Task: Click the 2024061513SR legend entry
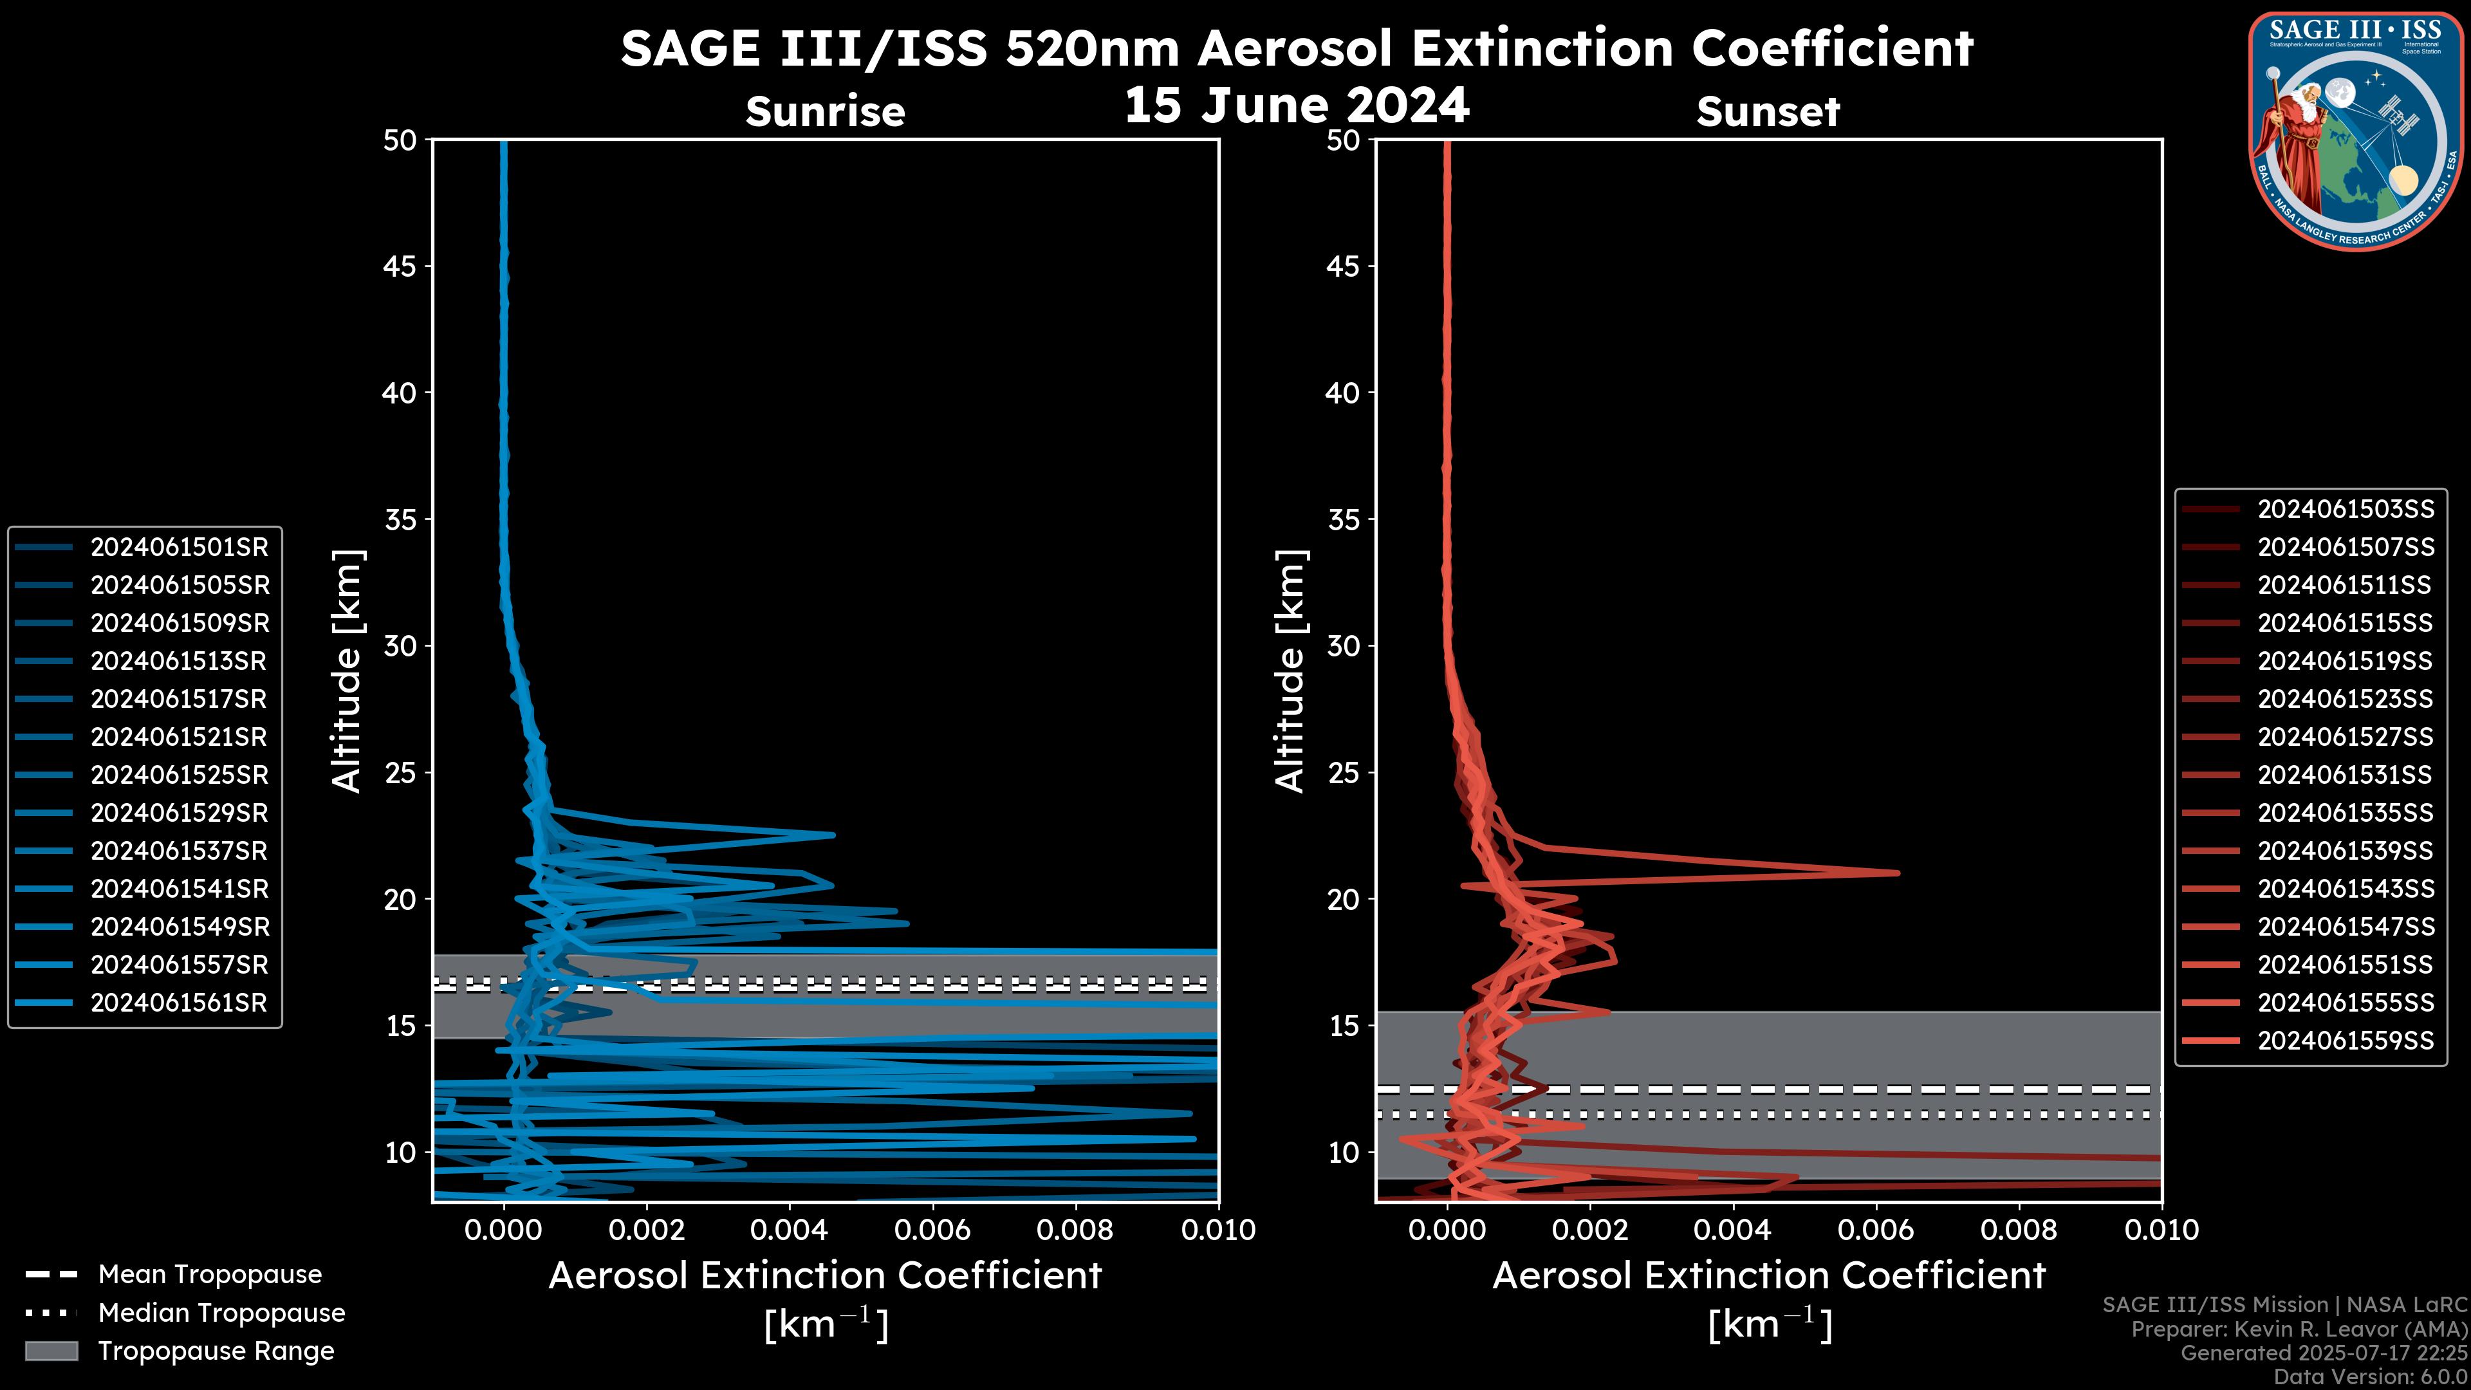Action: click(178, 661)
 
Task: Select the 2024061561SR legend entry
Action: click(178, 1003)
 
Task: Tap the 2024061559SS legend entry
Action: click(2346, 1041)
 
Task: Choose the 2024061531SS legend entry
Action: click(2346, 775)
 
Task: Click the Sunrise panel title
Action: click(825, 112)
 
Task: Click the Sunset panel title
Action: click(1768, 112)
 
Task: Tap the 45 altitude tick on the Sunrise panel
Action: click(400, 266)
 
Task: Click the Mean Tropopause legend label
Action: click(210, 1275)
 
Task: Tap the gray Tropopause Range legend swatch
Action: click(51, 1351)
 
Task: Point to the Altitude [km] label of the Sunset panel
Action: click(1290, 671)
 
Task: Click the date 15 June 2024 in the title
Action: click(1297, 106)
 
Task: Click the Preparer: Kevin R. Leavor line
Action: click(2299, 1330)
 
